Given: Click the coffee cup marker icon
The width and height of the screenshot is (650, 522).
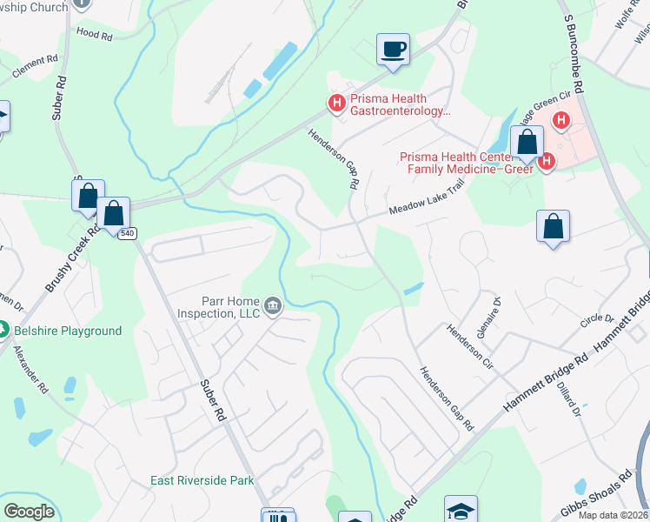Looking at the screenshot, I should click(x=393, y=48).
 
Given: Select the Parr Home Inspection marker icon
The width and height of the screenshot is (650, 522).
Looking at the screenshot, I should click(x=272, y=304).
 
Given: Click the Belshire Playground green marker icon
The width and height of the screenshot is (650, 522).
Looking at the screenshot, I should click(x=4, y=330).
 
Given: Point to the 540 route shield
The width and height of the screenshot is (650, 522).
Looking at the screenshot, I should click(x=128, y=233).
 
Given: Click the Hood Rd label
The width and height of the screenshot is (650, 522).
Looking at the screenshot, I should click(x=95, y=36).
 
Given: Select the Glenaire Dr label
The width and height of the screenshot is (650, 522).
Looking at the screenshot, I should click(x=490, y=313).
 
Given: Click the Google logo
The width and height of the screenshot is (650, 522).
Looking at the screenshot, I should click(x=29, y=511).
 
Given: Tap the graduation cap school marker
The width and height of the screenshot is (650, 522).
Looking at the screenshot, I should click(x=461, y=510).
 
